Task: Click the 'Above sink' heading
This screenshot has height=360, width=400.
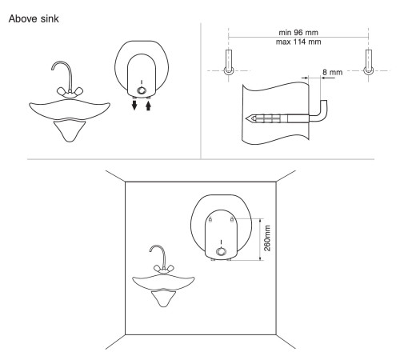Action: tap(34, 18)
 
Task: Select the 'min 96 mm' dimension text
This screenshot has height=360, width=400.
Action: tap(298, 33)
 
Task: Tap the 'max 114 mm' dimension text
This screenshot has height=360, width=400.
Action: tap(298, 42)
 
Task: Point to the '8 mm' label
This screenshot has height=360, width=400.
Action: tap(332, 72)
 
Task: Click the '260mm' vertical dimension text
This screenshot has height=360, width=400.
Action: tap(267, 238)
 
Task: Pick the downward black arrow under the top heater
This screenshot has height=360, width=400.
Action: tap(134, 105)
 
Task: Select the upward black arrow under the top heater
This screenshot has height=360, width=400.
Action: tap(149, 105)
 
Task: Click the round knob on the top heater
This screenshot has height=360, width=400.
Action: tap(142, 90)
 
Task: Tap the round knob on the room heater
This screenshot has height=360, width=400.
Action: tap(221, 251)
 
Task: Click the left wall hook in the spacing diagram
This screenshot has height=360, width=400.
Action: tap(229, 62)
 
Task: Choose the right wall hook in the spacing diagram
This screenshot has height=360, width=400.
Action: tap(369, 62)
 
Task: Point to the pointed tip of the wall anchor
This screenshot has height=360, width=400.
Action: tap(246, 118)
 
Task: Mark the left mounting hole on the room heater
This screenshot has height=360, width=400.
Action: tap(210, 219)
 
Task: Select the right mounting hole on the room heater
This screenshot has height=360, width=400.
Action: tap(232, 219)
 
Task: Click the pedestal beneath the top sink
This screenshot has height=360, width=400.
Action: tap(70, 131)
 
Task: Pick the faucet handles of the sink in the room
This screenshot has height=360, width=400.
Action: tap(164, 269)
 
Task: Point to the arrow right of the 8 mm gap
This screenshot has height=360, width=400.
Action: tap(328, 78)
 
